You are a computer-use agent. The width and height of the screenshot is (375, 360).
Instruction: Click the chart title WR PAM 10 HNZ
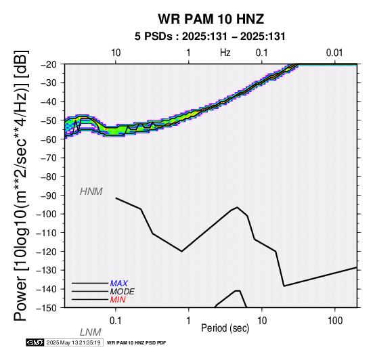(x=211, y=19)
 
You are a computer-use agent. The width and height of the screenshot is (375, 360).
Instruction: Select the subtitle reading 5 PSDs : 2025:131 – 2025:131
(x=210, y=37)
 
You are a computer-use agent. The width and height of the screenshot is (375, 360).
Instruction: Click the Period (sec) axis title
(x=225, y=328)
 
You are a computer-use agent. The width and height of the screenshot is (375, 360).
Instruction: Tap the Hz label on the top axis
(x=225, y=53)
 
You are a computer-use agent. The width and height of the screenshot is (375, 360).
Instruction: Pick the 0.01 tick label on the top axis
(x=334, y=53)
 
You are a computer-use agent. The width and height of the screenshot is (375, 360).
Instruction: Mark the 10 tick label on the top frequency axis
(x=116, y=53)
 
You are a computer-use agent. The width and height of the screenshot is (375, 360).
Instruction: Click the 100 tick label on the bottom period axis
(x=335, y=321)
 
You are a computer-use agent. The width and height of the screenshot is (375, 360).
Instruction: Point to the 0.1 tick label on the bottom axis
(x=116, y=321)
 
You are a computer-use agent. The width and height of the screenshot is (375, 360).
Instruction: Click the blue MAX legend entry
(x=119, y=284)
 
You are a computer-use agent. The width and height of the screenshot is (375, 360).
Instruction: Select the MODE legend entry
(x=123, y=292)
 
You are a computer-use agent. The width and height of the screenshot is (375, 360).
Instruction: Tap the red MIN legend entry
(x=118, y=300)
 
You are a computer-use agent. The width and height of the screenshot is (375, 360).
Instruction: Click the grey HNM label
(x=91, y=192)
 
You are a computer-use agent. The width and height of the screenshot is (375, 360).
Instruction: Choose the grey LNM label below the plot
(x=91, y=332)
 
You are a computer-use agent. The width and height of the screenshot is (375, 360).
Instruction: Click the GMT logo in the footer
(x=35, y=342)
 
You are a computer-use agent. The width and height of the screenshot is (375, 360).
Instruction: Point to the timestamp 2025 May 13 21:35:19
(x=73, y=343)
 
